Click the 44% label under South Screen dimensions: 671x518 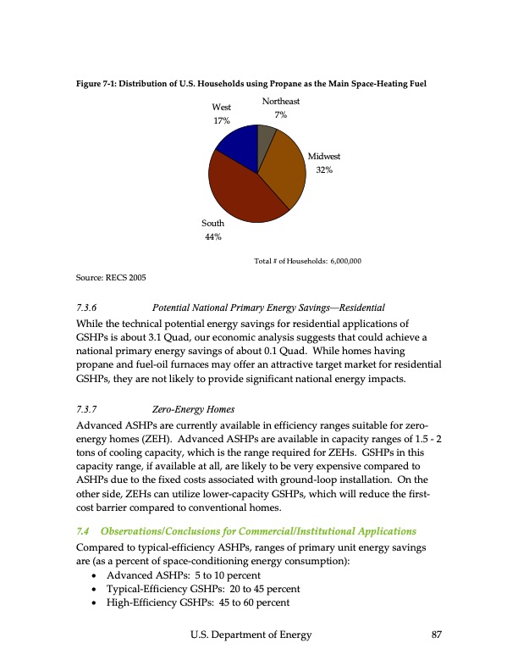pyautogui.click(x=212, y=237)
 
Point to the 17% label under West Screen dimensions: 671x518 pyautogui.click(x=222, y=121)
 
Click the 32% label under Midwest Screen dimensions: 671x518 pyautogui.click(x=323, y=170)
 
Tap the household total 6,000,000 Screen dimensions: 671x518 pyautogui.click(x=344, y=261)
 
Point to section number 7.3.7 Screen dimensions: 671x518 pyautogui.click(x=87, y=408)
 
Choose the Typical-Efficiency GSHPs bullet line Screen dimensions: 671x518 pyautogui.click(x=199, y=589)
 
